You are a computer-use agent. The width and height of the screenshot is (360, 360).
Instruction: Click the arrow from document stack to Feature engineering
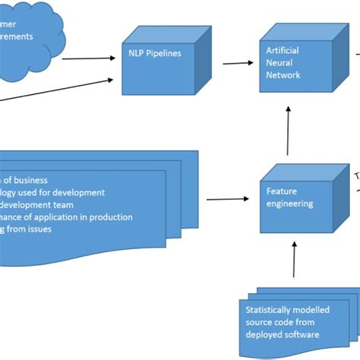[x=227, y=200]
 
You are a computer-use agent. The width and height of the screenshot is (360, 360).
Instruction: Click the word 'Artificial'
[x=282, y=50]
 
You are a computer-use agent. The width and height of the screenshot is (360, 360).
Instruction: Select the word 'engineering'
[x=287, y=204]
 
